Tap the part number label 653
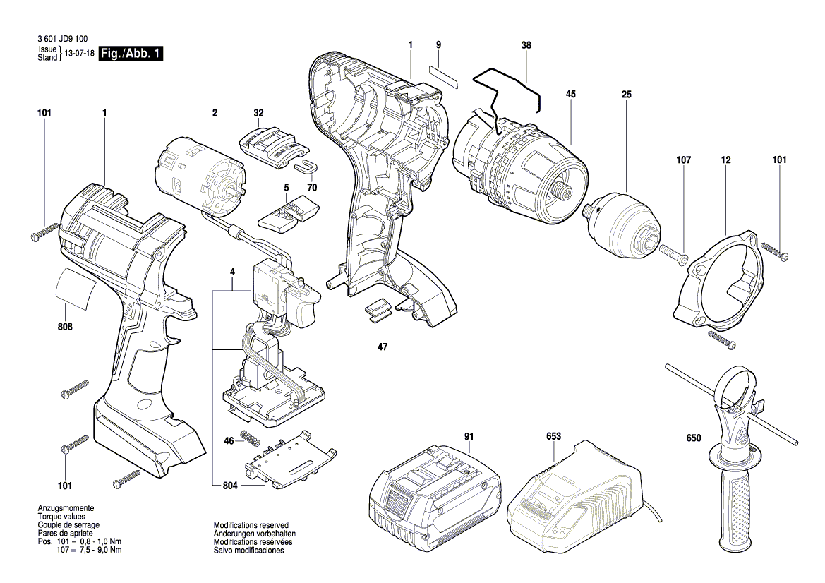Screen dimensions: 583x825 click(x=553, y=437)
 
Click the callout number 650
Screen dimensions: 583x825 click(x=693, y=438)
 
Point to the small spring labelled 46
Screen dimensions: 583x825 click(x=249, y=438)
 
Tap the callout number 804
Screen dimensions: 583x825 click(x=230, y=486)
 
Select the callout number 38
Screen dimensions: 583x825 click(x=526, y=44)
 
